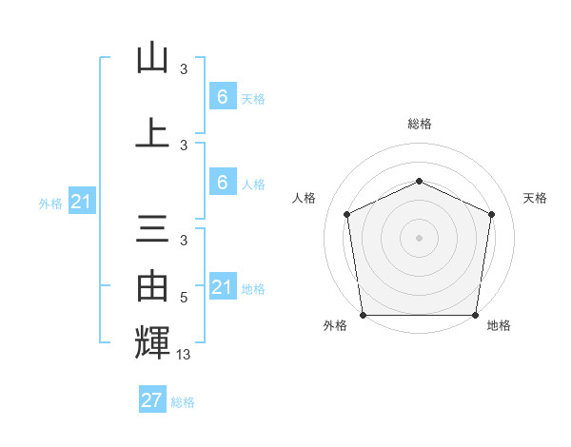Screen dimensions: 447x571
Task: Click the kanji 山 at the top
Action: pos(152,58)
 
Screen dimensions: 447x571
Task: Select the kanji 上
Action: pos(152,134)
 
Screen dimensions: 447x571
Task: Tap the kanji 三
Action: pos(152,230)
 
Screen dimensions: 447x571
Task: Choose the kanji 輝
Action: pos(152,341)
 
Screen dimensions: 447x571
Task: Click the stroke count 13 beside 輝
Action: pos(185,355)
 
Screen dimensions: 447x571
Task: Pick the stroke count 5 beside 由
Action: pos(184,298)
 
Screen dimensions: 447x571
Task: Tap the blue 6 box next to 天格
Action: pos(222,96)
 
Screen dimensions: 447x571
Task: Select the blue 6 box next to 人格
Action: pos(222,183)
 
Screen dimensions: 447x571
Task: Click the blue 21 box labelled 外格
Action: pos(82,202)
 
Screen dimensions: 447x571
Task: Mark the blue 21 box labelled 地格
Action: pos(222,287)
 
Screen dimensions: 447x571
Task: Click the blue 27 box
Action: pos(152,400)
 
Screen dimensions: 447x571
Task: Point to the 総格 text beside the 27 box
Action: pos(183,402)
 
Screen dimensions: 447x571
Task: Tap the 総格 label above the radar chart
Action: pos(419,124)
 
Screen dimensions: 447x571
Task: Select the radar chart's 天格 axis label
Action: pos(535,198)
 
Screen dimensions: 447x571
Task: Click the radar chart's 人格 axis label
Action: pos(304,198)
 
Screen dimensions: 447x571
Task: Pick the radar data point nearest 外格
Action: pos(363,315)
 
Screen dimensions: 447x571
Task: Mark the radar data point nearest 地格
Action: pos(476,315)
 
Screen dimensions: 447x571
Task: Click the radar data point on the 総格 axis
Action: pos(419,181)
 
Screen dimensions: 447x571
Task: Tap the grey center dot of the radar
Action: pos(419,237)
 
